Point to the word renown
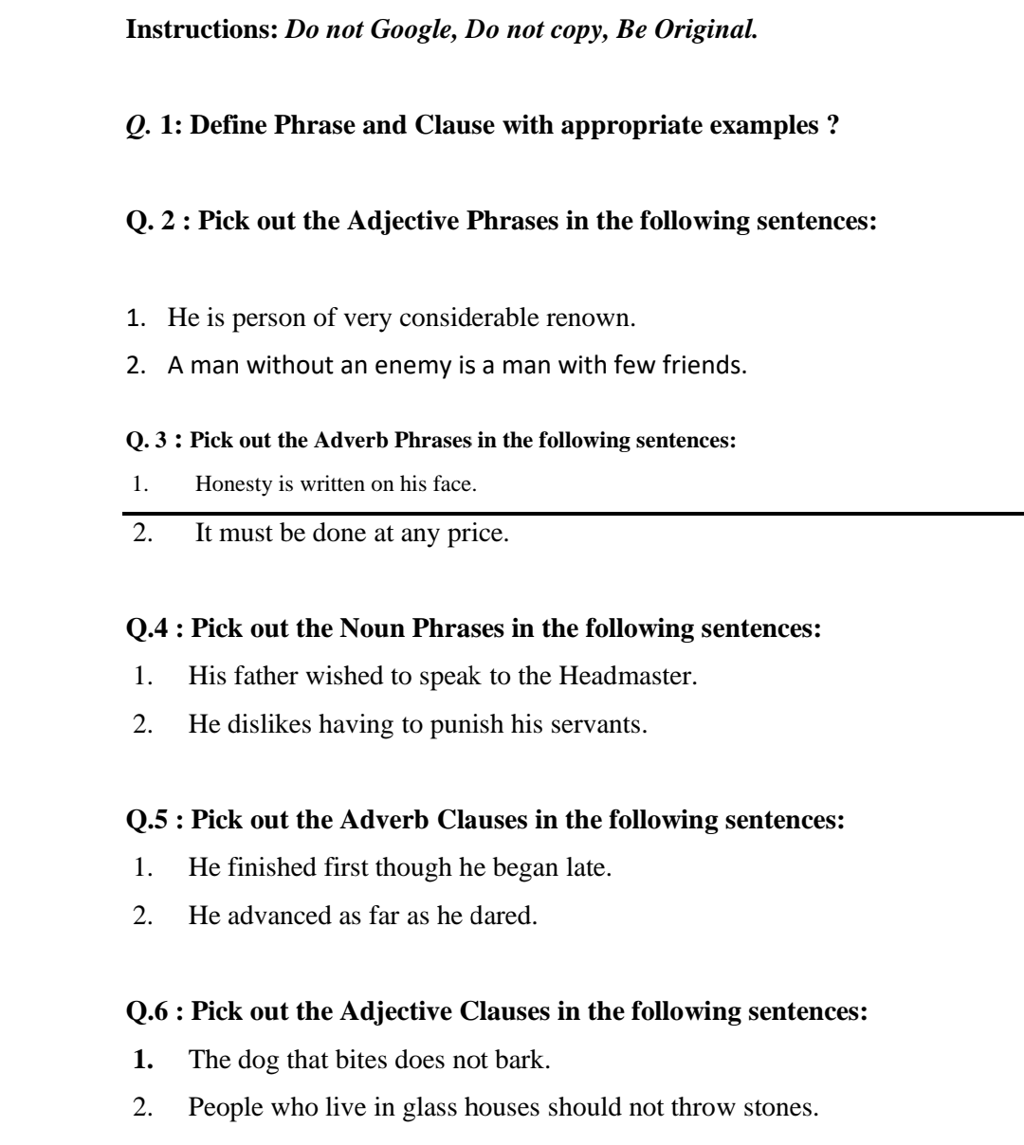(592, 317)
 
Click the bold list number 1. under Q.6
(143, 1059)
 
